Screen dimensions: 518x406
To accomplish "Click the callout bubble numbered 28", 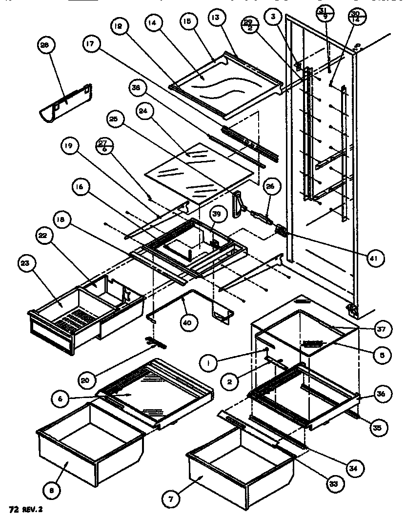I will pos(45,46).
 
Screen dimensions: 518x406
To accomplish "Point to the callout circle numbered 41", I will pos(376,256).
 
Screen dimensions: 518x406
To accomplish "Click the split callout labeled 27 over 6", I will pos(103,146).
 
